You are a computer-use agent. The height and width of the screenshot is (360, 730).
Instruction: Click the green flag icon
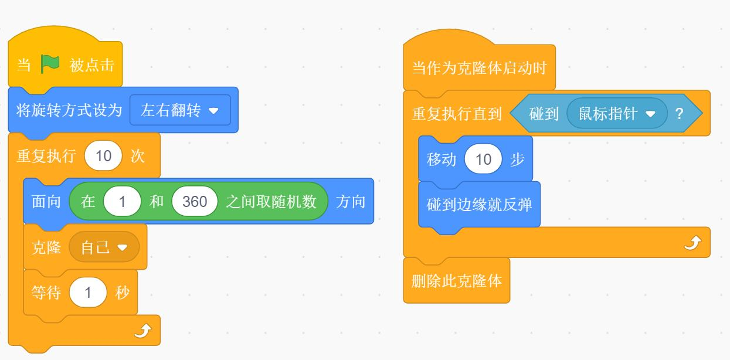(x=50, y=64)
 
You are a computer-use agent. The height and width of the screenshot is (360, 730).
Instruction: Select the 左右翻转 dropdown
(x=180, y=110)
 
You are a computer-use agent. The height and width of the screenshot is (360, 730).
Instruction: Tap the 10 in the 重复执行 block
(x=103, y=156)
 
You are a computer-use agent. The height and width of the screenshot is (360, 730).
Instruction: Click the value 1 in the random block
(x=122, y=201)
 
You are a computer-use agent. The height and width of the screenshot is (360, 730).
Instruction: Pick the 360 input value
(x=195, y=201)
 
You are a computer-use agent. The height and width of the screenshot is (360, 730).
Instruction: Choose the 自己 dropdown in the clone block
(x=104, y=247)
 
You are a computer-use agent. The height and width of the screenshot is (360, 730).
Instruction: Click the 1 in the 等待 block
(x=88, y=293)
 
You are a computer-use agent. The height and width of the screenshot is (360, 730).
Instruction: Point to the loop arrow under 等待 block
(x=143, y=331)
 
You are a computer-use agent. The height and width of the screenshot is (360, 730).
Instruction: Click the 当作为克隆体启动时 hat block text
(x=479, y=68)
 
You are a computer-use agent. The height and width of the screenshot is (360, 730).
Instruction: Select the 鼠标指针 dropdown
(x=617, y=113)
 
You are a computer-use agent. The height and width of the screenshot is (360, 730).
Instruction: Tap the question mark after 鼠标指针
(x=680, y=114)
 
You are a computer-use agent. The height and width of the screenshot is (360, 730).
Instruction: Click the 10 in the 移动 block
(x=483, y=159)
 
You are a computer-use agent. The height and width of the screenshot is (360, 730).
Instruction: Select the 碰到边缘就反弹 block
(x=479, y=204)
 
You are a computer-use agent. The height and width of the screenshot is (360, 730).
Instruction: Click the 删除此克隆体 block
(x=457, y=280)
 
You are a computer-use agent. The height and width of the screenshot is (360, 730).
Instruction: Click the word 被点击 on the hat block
(x=92, y=65)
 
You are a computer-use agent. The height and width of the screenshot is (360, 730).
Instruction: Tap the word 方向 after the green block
(x=351, y=202)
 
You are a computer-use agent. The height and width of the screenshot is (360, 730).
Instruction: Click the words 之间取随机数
(x=271, y=202)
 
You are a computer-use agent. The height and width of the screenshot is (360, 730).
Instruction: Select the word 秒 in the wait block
(x=123, y=293)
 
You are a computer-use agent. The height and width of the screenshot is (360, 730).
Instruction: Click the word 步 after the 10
(x=518, y=159)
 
